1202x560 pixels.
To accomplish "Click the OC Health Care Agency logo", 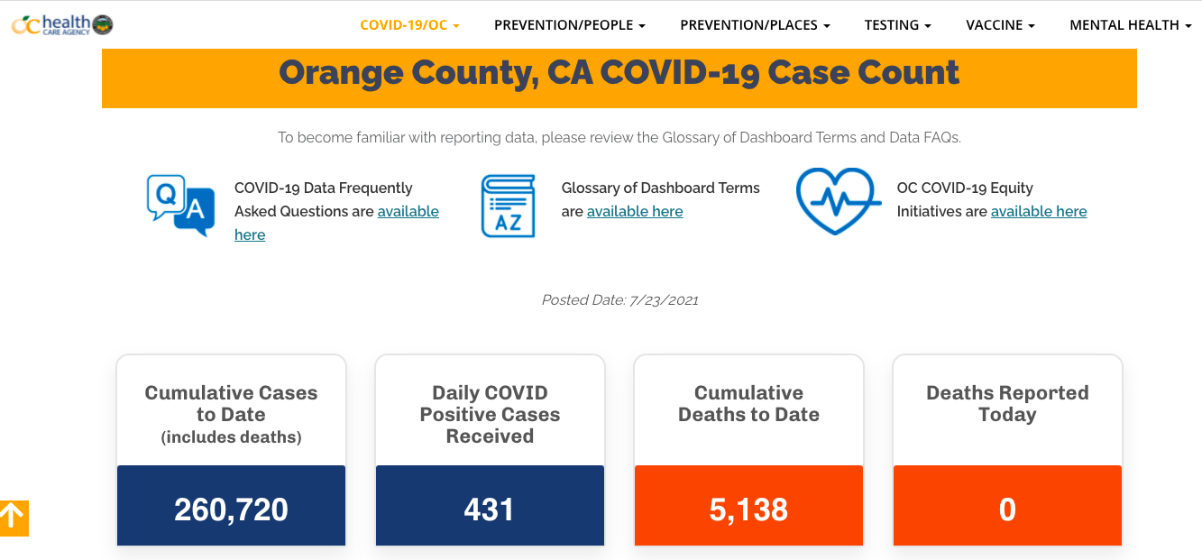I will [61, 24].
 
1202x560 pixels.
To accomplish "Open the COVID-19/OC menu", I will [409, 25].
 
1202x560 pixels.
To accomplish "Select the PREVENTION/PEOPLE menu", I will [569, 25].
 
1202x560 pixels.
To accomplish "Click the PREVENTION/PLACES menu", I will [755, 25].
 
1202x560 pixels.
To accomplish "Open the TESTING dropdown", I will [897, 25].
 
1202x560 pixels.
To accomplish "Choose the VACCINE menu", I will [1000, 25].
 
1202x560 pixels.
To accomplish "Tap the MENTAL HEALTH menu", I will [1130, 25].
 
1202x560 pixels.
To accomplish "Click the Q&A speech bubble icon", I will [180, 205].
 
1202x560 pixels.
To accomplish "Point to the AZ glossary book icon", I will [508, 207].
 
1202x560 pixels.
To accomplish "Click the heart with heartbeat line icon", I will [838, 201].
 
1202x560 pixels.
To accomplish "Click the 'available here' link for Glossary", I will [635, 212].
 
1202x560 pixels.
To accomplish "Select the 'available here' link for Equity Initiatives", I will [1039, 212].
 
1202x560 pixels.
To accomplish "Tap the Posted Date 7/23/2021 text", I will [619, 300].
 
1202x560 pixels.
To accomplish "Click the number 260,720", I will [231, 510].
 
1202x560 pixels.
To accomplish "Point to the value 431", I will [489, 510].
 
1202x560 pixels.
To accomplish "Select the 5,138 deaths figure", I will [748, 510].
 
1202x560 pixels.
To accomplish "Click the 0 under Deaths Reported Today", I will [1007, 510].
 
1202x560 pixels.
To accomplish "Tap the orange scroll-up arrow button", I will [14, 518].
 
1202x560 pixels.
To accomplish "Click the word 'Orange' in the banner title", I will [344, 72].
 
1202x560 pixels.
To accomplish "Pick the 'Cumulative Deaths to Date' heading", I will [748, 404].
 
